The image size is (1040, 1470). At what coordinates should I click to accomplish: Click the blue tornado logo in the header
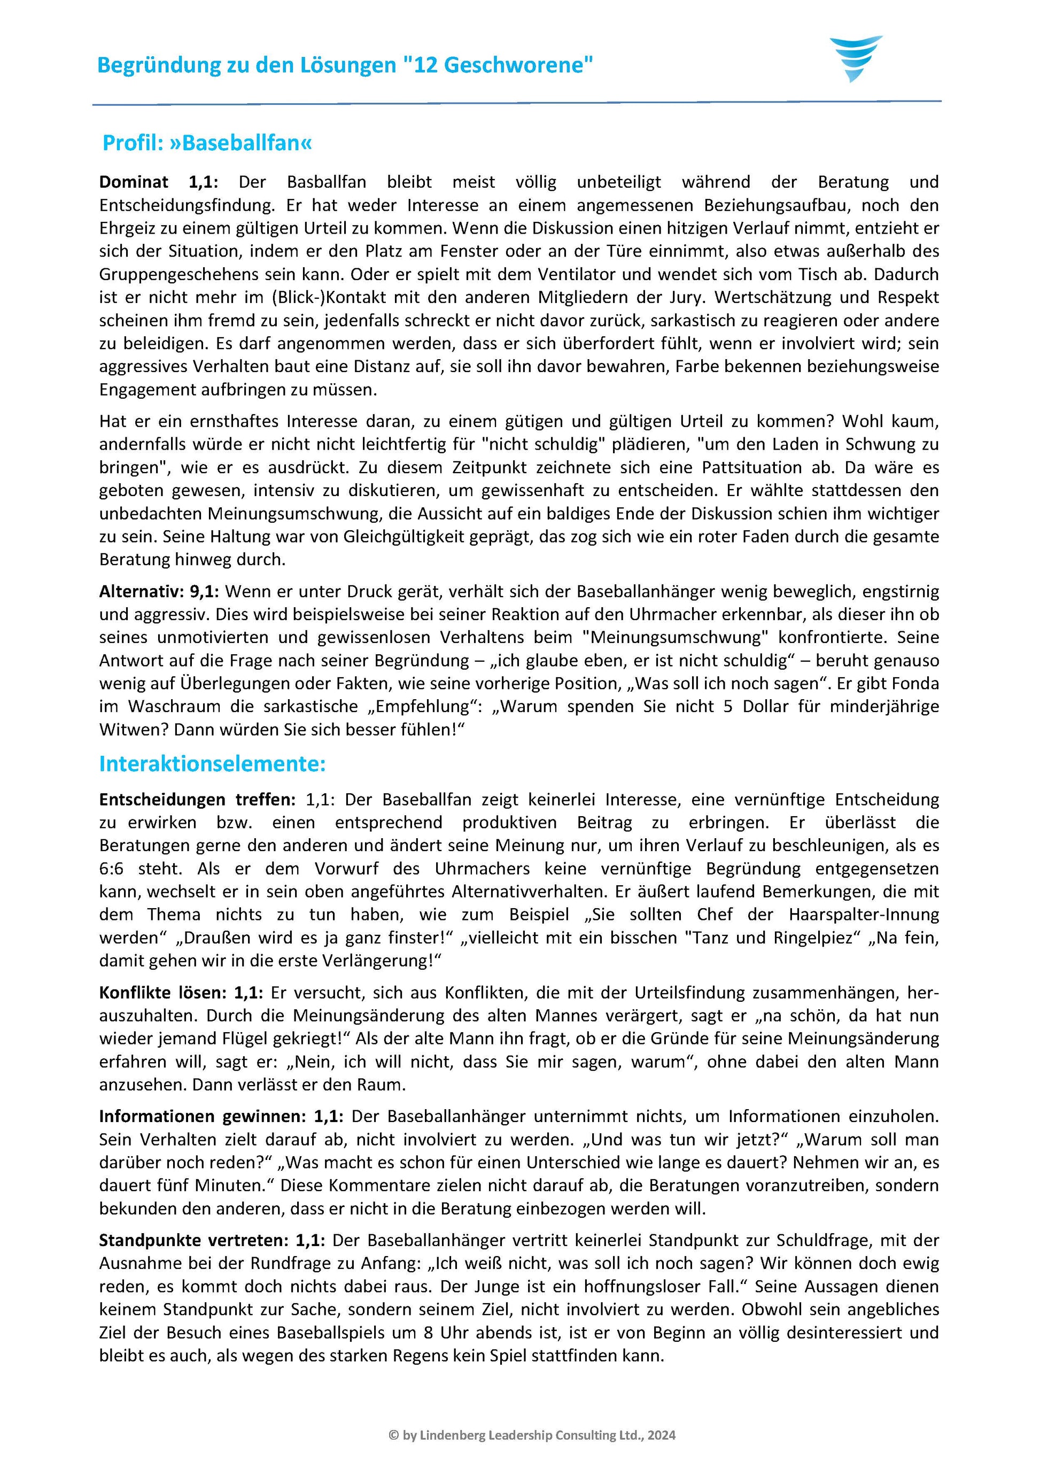pos(856,58)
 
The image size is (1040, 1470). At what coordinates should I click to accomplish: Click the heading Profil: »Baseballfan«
pos(207,143)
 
